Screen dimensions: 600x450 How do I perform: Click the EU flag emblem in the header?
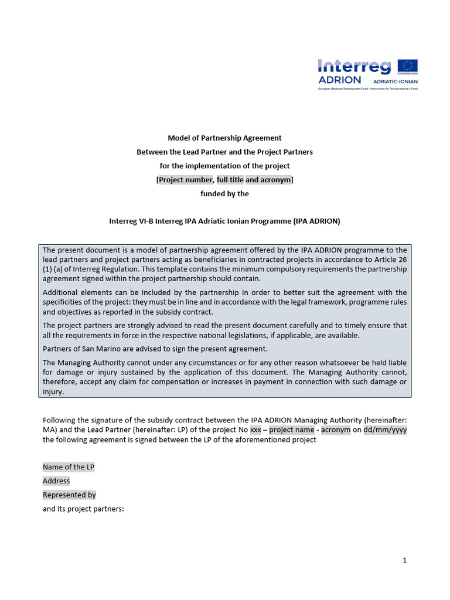coord(407,66)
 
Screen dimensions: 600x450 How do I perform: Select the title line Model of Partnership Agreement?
coord(224,138)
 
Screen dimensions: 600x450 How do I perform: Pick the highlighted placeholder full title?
coord(230,180)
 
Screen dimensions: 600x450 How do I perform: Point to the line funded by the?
coord(224,194)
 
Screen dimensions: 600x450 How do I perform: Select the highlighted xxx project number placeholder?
coord(255,429)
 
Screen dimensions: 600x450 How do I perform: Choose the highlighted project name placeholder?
coord(292,429)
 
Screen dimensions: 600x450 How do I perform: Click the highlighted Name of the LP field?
coord(69,467)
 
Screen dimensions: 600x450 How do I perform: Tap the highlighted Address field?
coord(56,481)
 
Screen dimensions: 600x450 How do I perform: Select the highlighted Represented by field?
coord(69,495)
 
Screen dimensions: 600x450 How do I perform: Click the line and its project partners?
coord(83,509)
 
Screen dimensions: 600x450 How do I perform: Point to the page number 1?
coord(404,560)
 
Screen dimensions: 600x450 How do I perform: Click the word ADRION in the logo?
coord(339,80)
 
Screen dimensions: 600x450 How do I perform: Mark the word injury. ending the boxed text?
coord(53,393)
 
